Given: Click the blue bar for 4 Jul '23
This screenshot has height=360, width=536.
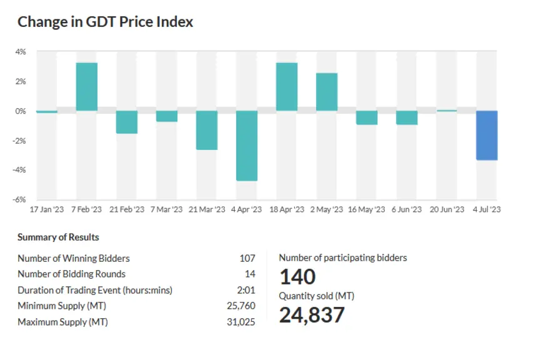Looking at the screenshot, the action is coord(487,136).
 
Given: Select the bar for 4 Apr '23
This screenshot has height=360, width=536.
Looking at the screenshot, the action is coord(247,146).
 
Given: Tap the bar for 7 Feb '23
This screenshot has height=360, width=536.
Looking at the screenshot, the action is coord(87,87).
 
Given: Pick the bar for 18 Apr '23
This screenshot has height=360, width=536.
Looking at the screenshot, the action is coord(287,87).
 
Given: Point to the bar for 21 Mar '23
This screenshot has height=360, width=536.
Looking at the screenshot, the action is coord(207,130).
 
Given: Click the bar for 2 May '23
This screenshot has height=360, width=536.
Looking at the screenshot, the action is coord(327,92).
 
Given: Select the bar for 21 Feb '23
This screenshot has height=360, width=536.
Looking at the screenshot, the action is coord(127,122).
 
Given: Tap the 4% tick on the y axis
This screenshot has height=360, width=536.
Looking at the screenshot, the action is coord(21,52).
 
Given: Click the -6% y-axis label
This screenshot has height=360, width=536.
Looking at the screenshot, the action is coord(19,199).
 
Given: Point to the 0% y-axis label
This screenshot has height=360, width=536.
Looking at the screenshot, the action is coord(21,111).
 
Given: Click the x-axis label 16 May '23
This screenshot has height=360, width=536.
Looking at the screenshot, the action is coord(367,209).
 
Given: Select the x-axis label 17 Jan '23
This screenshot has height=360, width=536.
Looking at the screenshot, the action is coord(47,209).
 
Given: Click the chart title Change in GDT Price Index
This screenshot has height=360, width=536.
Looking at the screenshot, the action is coord(106,22).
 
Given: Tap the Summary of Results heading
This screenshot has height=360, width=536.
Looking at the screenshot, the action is coord(58,237).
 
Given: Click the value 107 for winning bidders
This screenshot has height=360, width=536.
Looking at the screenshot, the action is coord(247,258).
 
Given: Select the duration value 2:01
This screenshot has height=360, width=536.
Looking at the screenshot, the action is coord(246,290).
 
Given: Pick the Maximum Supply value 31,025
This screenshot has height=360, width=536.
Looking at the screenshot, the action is coord(241,322).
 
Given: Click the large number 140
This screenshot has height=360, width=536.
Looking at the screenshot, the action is coord(298,277).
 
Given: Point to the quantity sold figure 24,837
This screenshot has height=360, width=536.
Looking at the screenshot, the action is coord(312,315).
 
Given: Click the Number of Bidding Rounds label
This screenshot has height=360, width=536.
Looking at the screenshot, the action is coord(71,274).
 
